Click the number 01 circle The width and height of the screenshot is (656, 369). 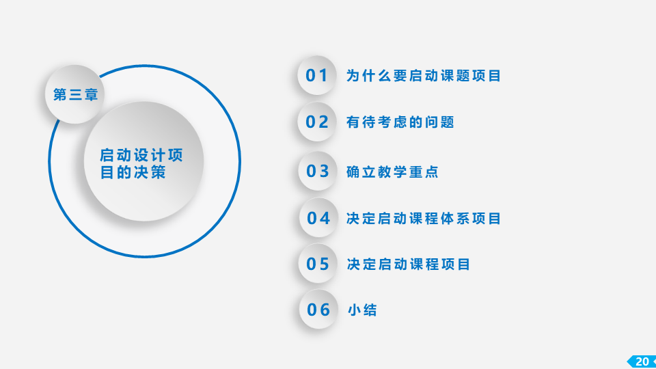(x=316, y=75)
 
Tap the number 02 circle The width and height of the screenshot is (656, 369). (x=316, y=122)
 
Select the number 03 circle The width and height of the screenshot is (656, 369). (x=318, y=171)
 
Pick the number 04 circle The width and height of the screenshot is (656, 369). (x=318, y=218)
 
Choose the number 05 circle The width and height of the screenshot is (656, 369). (x=318, y=264)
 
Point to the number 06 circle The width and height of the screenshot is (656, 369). (x=318, y=310)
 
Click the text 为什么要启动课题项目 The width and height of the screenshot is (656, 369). (x=424, y=76)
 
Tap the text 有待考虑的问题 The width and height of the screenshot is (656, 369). (x=400, y=122)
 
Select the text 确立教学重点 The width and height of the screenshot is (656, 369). (x=392, y=172)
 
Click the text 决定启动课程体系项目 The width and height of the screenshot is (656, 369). (x=424, y=219)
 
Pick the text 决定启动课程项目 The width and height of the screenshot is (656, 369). (x=409, y=264)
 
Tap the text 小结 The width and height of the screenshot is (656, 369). (x=362, y=310)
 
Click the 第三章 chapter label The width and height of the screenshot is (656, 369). (x=75, y=94)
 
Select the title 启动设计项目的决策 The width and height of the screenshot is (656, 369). (x=141, y=163)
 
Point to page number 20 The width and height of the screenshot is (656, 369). (x=642, y=361)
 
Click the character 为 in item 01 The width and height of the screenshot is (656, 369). (x=353, y=76)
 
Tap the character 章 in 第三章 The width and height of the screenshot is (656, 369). (x=91, y=94)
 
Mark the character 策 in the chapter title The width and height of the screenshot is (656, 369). (x=158, y=172)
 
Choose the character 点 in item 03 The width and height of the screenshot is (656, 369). (x=431, y=172)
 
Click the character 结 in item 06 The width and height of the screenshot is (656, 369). (x=370, y=310)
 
